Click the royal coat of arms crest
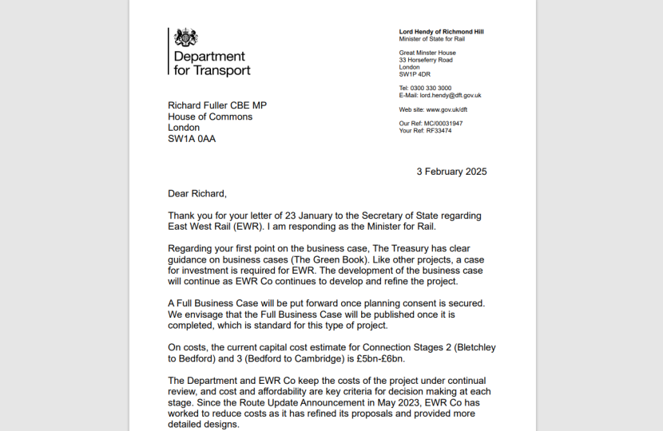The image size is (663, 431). [x=186, y=38]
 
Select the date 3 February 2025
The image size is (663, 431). [x=451, y=172]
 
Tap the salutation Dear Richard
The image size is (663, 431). [x=197, y=193]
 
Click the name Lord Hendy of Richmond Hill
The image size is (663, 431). [x=441, y=32]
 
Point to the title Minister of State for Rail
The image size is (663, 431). [x=431, y=39]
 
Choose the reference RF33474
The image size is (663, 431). [x=439, y=131]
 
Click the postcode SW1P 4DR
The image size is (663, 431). [x=415, y=74]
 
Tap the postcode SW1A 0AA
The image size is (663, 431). [x=191, y=139]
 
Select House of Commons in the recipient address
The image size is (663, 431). [x=210, y=117]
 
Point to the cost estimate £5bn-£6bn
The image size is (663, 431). [x=410, y=359]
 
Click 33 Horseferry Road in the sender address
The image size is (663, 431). [x=426, y=60]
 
